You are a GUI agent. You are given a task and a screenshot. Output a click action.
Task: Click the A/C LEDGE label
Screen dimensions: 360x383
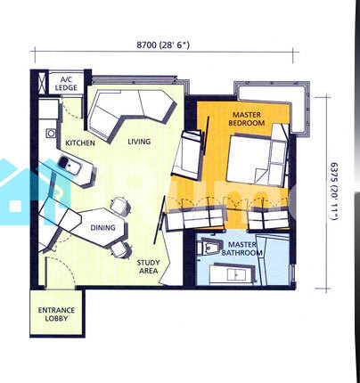[66, 84]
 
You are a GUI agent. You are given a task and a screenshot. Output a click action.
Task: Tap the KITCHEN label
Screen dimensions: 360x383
[80, 143]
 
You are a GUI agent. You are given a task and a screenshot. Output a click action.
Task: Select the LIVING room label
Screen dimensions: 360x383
[139, 142]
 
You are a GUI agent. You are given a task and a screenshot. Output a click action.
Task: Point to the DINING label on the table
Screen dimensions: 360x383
[102, 228]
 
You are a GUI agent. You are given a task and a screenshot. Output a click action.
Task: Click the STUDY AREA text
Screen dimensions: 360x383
[149, 266]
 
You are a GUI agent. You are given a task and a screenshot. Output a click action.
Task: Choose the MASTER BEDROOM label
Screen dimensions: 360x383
[247, 118]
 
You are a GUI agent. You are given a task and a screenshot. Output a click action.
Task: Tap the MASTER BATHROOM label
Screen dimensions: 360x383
[242, 249]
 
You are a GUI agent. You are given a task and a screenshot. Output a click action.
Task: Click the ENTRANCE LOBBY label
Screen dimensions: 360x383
[56, 314]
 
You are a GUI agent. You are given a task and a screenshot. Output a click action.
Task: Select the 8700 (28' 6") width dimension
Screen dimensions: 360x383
[163, 45]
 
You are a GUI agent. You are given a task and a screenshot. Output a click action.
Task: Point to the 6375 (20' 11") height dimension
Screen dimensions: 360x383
[334, 191]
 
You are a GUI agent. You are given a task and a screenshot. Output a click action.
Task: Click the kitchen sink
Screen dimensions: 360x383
[69, 165]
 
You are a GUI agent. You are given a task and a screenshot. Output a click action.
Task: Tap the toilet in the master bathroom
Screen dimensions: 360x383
[210, 247]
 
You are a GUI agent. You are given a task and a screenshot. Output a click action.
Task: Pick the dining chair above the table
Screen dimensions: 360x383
[120, 205]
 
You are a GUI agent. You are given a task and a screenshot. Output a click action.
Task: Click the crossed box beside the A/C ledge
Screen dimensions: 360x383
[43, 82]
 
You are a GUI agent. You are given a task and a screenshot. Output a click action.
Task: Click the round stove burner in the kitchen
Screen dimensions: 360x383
[52, 134]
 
